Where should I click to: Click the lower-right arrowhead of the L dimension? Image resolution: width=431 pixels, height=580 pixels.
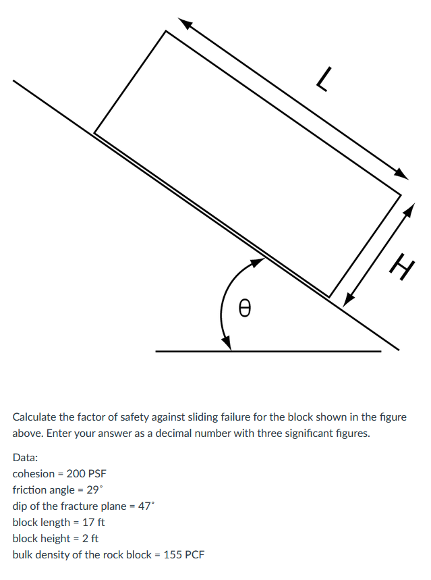click(403, 174)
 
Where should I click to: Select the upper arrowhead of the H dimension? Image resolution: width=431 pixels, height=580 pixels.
click(409, 208)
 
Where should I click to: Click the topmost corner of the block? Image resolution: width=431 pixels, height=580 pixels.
click(165, 31)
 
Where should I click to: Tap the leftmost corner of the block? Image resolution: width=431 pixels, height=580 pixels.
click(94, 133)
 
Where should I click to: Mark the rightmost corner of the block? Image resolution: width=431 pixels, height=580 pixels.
click(401, 196)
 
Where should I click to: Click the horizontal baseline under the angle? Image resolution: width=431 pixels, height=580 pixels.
click(304, 351)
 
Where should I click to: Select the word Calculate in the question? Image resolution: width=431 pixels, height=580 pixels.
click(35, 417)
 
